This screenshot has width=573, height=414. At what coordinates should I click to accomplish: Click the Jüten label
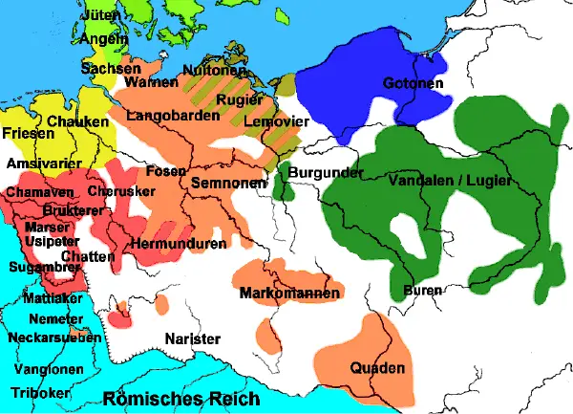pyautogui.click(x=102, y=16)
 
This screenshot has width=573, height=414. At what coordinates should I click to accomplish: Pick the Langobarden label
pyautogui.click(x=164, y=115)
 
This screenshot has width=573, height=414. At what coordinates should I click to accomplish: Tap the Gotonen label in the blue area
pyautogui.click(x=412, y=84)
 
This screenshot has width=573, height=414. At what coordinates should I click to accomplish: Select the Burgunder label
pyautogui.click(x=327, y=174)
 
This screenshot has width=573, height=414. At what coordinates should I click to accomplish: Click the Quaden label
pyautogui.click(x=378, y=368)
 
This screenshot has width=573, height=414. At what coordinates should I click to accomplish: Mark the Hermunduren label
pyautogui.click(x=180, y=243)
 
